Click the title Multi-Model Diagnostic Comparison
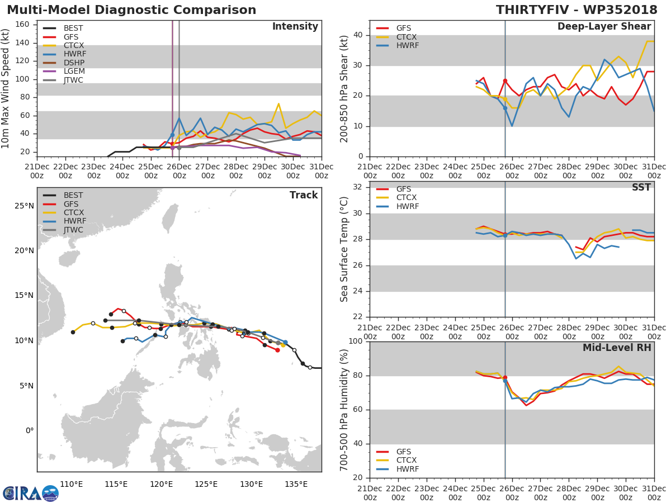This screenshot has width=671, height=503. pyautogui.click(x=131, y=10)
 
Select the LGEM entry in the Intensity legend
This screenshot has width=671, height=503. pyautogui.click(x=74, y=72)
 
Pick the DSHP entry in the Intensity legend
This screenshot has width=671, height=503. pyautogui.click(x=74, y=63)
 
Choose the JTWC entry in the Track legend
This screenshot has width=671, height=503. pyautogui.click(x=74, y=230)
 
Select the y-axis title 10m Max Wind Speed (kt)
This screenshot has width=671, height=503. pyautogui.click(x=6, y=88)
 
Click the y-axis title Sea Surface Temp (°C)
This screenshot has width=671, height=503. pyautogui.click(x=344, y=249)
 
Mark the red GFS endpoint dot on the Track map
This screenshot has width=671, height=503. pyautogui.click(x=277, y=350)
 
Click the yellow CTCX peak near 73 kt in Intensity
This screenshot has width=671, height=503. pyautogui.click(x=278, y=103)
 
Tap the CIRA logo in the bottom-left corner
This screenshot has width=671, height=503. pyautogui.click(x=30, y=493)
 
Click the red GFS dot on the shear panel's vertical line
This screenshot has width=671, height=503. pyautogui.click(x=505, y=81)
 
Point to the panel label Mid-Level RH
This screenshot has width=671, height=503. pyautogui.click(x=617, y=348)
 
